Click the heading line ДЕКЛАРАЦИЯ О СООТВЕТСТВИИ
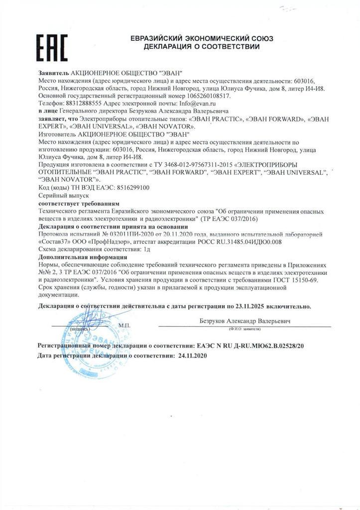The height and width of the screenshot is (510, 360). pos(201,47)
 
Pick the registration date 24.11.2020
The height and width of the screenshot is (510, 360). pos(190,357)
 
